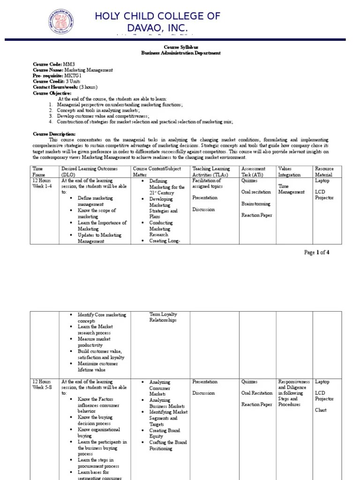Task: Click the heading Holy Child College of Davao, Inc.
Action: click(x=157, y=22)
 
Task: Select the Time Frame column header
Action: click(x=38, y=172)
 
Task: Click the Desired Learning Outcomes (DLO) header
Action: click(x=89, y=172)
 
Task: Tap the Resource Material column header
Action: click(x=325, y=172)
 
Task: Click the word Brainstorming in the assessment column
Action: click(x=256, y=203)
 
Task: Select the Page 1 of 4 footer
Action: click(x=316, y=252)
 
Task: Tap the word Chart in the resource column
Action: click(x=321, y=410)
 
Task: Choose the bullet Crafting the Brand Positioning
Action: click(x=168, y=445)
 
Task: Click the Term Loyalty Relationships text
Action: click(x=163, y=317)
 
